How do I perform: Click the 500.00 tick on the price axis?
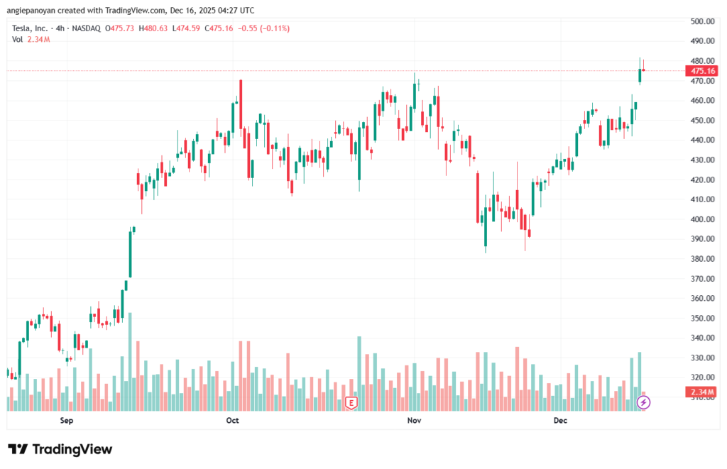701,21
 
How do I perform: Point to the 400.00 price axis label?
701,219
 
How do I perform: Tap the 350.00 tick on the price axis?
701,319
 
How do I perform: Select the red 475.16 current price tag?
701,71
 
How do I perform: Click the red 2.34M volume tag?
701,392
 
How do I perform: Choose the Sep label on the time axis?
67,421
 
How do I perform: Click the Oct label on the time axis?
232,421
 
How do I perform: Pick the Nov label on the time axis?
414,421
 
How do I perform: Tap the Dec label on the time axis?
560,421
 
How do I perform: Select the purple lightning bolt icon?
643,402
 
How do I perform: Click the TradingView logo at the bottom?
60,449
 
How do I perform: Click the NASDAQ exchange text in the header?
84,28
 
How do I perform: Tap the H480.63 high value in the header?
152,28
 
